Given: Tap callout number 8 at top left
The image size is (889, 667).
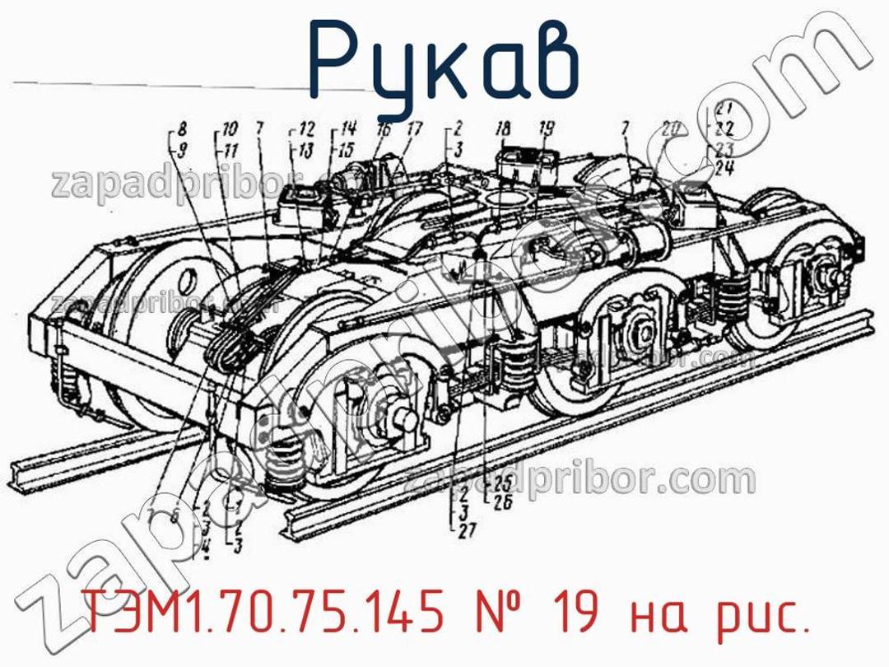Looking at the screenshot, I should point(180,128).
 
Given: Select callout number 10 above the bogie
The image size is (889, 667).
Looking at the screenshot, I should point(229,128).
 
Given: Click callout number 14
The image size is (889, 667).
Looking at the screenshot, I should point(348,128).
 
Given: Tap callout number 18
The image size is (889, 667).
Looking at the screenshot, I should point(503,128).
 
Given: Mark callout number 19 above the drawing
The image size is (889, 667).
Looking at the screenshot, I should point(547,128).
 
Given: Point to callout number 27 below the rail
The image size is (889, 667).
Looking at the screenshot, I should point(466,533).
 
